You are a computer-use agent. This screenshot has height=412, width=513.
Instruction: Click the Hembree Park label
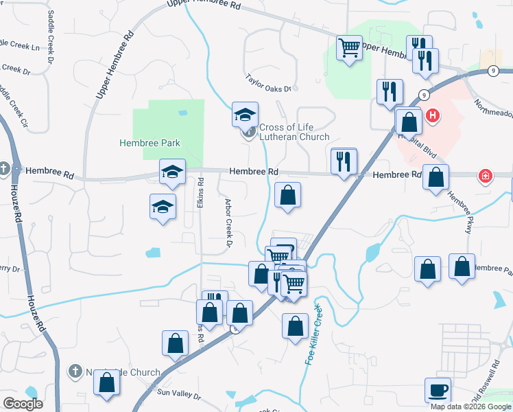(x=150, y=143)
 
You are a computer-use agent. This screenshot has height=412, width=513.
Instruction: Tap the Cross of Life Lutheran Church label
(x=294, y=132)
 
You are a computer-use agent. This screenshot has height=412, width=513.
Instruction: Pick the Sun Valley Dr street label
(x=178, y=394)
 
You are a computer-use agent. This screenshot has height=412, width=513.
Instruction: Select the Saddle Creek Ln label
(x=21, y=45)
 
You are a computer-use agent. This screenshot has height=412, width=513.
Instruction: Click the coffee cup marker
(x=438, y=391)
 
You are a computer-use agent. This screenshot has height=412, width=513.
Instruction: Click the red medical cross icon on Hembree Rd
(x=486, y=175)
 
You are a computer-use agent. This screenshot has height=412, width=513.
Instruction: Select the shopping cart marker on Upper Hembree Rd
(x=349, y=48)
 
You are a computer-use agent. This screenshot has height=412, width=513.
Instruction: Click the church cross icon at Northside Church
(x=75, y=371)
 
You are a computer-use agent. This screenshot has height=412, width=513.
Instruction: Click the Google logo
(x=23, y=404)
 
